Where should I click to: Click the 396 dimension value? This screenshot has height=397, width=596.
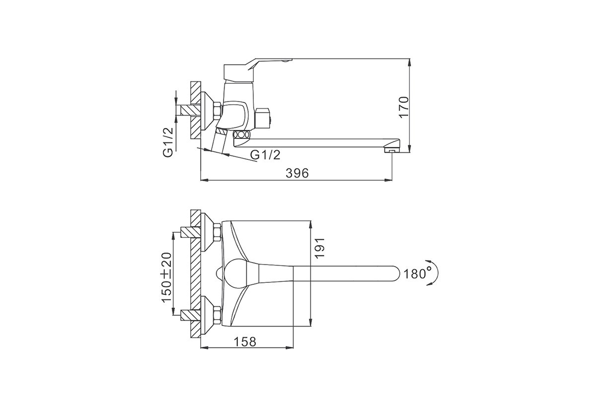297,173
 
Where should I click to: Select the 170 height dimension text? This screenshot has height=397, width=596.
404,107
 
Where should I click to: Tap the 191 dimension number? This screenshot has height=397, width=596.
319,248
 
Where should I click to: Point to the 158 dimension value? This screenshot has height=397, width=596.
245,342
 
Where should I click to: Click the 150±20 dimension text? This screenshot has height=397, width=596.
167,277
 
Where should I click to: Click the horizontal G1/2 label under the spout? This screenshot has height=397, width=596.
266,154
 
